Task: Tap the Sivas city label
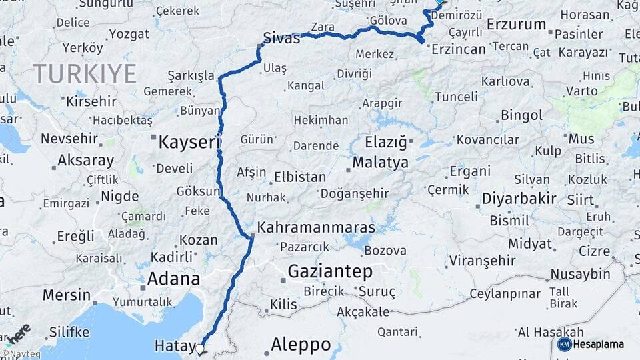point(281,38)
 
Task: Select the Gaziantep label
point(330,271)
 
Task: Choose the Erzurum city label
point(516,25)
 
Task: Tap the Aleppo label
point(301,345)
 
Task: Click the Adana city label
point(173,279)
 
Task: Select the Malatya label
point(380,163)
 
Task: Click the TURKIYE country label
point(85,73)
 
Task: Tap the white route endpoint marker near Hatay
point(200,348)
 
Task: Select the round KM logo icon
point(564,344)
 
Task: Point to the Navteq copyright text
point(20,354)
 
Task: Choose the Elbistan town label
point(300,177)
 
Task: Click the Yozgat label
point(129,33)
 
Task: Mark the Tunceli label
point(456,97)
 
